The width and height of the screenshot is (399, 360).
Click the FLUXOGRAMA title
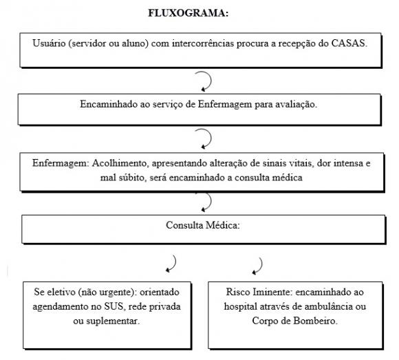coord(188,13)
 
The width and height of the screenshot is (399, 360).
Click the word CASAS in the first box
coord(349,43)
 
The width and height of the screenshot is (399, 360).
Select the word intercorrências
coord(203,43)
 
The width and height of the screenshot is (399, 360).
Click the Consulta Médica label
coord(203,225)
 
